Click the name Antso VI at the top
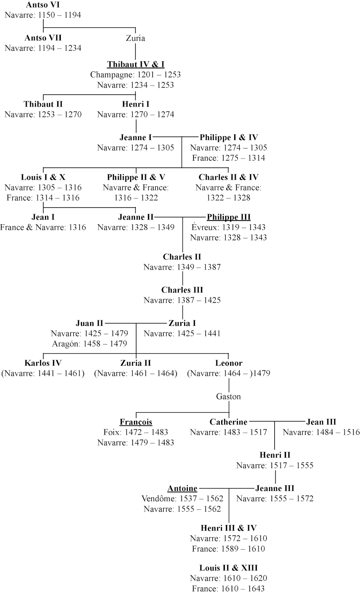tap(43, 5)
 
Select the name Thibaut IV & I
tap(135, 64)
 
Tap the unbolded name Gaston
tap(228, 396)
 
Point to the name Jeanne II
tap(135, 217)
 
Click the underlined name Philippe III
tap(229, 217)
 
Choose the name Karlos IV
tap(43, 363)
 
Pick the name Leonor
tap(229, 363)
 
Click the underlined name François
tap(136, 422)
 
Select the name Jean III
tap(321, 422)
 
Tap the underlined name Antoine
tap(182, 489)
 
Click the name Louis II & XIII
tap(228, 568)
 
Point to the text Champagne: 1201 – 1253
tap(135, 75)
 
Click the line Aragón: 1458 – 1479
tap(89, 344)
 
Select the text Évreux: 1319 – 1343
tap(228, 227)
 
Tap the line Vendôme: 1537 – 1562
tap(182, 499)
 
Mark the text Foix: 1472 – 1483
tap(135, 432)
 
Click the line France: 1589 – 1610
tap(228, 549)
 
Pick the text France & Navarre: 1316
tap(43, 227)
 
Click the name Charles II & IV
tap(228, 177)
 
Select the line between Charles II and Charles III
tap(182, 278)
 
